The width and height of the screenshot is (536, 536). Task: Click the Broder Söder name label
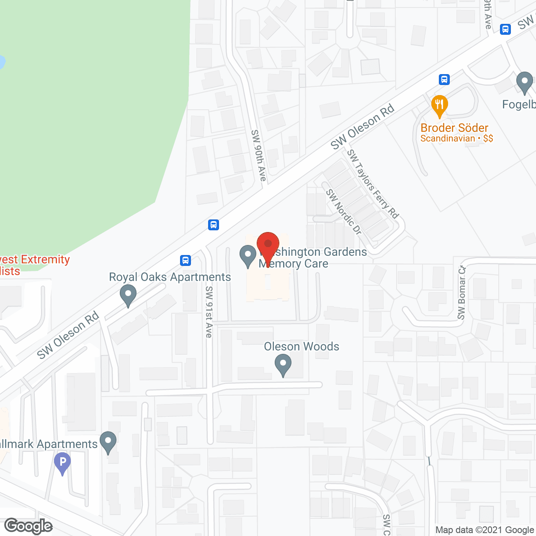tap(454, 128)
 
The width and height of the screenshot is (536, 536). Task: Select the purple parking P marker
tap(62, 463)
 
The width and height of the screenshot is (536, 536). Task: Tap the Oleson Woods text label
tap(301, 346)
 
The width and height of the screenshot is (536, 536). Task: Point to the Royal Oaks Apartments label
tap(170, 277)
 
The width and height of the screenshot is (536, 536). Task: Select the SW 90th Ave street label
tap(259, 155)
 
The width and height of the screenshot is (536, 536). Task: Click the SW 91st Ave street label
tap(209, 312)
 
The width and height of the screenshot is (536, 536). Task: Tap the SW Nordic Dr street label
tap(344, 212)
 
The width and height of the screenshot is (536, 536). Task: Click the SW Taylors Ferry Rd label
tap(373, 184)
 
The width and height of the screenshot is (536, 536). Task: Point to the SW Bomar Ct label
tap(461, 293)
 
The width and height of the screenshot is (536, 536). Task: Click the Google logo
tap(28, 526)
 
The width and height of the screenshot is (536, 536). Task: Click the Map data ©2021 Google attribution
tap(485, 530)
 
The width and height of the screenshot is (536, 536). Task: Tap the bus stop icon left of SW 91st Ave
tap(186, 260)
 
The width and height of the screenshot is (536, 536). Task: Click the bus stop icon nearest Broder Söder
tap(444, 79)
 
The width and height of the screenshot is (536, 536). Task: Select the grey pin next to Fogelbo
tap(524, 82)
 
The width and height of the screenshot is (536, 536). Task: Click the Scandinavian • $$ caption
tap(457, 139)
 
